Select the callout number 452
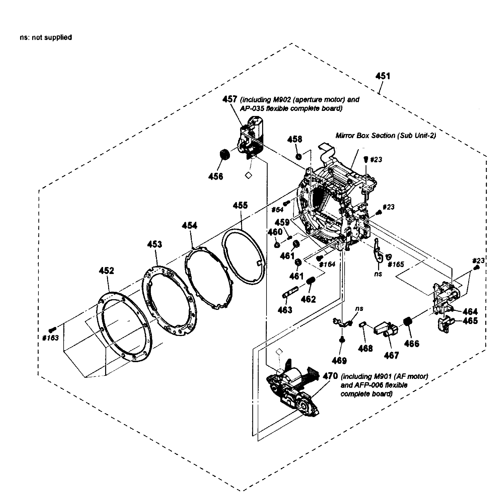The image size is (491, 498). coord(106,271)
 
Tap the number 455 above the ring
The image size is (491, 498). coord(240,205)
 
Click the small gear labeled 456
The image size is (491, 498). coord(225,155)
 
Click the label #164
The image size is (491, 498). coord(327,264)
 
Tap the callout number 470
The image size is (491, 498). coord(330,376)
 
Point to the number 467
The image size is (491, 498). coord(391,356)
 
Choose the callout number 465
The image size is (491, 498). coord(470,321)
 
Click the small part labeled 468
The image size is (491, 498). coord(362,325)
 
